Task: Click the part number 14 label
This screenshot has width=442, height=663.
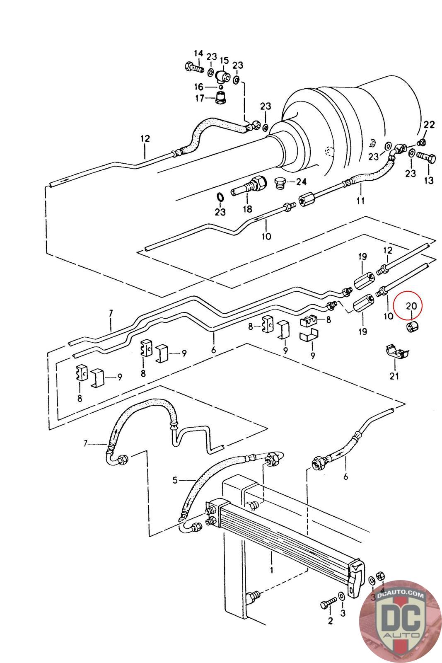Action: tap(198, 53)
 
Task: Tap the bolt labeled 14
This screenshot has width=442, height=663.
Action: tap(194, 67)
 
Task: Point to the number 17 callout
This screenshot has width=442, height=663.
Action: tap(200, 98)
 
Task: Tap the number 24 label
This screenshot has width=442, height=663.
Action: tap(301, 181)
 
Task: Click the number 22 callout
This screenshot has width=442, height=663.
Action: tap(429, 125)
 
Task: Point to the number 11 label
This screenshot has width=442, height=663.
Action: tap(360, 201)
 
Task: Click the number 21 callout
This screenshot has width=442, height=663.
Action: tap(394, 376)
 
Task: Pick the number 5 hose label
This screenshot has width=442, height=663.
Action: tap(175, 480)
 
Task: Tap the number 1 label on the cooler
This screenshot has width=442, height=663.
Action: tap(271, 569)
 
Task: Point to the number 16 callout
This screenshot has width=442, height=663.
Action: tap(198, 87)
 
